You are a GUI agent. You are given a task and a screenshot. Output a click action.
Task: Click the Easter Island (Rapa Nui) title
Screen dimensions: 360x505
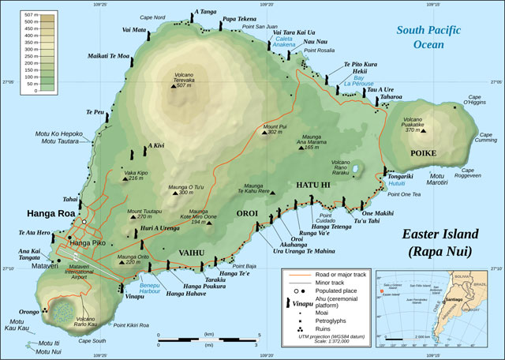tap(436, 242)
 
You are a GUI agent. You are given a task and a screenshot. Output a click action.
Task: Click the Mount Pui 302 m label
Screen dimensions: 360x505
tap(273, 129)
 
